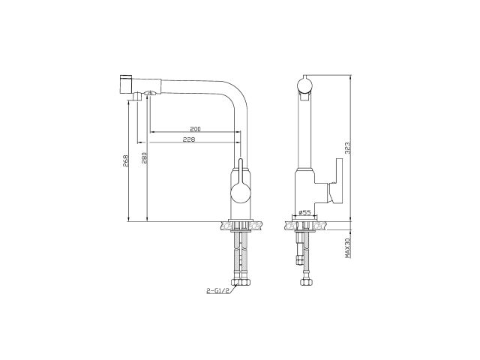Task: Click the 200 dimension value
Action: tap(195, 129)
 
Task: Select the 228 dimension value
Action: tap(189, 139)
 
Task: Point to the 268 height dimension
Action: tap(125, 160)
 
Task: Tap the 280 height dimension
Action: tap(145, 157)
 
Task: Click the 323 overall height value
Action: tap(347, 148)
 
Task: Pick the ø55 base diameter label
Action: tap(304, 211)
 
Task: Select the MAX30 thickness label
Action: tap(347, 247)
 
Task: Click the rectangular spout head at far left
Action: tap(125, 84)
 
